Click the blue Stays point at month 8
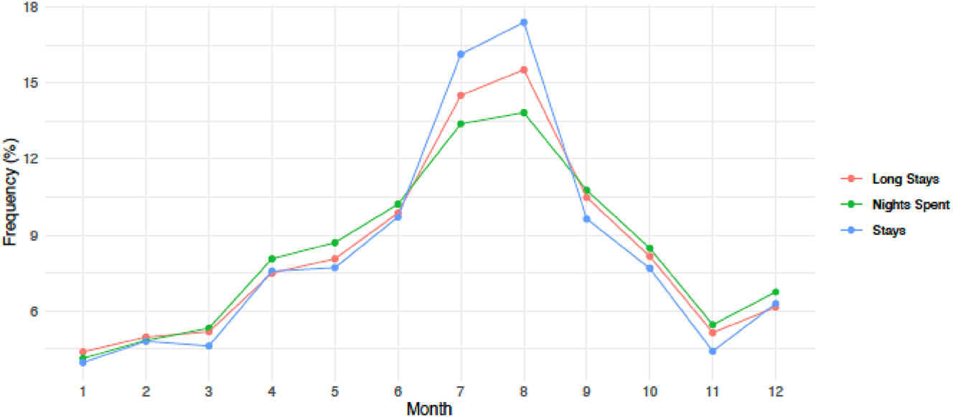click(524, 22)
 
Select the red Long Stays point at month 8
click(524, 70)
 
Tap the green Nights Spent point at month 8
click(524, 113)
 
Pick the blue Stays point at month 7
click(461, 54)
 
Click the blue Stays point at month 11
click(712, 351)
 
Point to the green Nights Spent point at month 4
click(272, 258)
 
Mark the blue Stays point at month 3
click(209, 346)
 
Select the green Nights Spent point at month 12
click(775, 292)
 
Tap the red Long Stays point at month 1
click(83, 352)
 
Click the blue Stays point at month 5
click(335, 268)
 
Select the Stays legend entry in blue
click(888, 231)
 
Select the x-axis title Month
click(429, 409)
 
